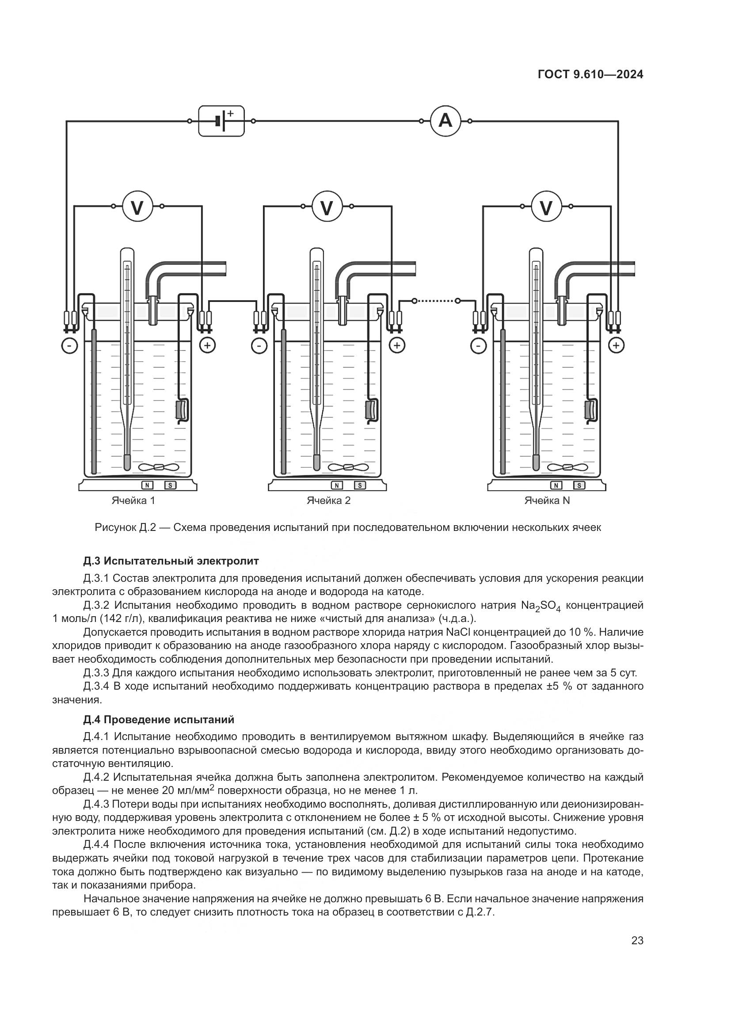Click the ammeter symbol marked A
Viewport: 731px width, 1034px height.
pos(445,121)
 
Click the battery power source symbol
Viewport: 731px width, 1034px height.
pos(221,121)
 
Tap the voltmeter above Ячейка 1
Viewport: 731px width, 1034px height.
pos(137,207)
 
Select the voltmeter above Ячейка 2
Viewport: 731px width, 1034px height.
pos(327,207)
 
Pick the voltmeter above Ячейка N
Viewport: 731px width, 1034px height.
pos(546,207)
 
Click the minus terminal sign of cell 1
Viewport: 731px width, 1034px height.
pos(70,346)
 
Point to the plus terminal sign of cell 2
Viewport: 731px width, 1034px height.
pos(397,345)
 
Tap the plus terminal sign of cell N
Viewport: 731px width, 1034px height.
pos(616,345)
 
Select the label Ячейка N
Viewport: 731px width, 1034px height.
pos(547,500)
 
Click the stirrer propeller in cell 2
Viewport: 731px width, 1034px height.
pos(347,467)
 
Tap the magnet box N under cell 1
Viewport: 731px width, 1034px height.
pos(147,485)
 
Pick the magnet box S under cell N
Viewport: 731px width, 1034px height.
pos(579,485)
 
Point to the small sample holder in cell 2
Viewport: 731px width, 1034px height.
pos(372,410)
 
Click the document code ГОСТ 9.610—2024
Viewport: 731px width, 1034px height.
pos(590,75)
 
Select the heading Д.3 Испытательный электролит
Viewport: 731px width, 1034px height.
pos(171,561)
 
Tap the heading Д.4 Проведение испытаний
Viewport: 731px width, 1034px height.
pos(159,720)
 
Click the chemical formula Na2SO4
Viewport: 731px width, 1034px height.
pos(541,606)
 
